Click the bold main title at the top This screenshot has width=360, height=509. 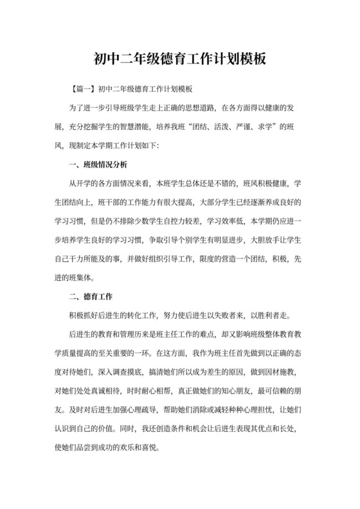pyautogui.click(x=180, y=60)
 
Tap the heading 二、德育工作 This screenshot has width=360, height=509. pyautogui.click(x=91, y=297)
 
